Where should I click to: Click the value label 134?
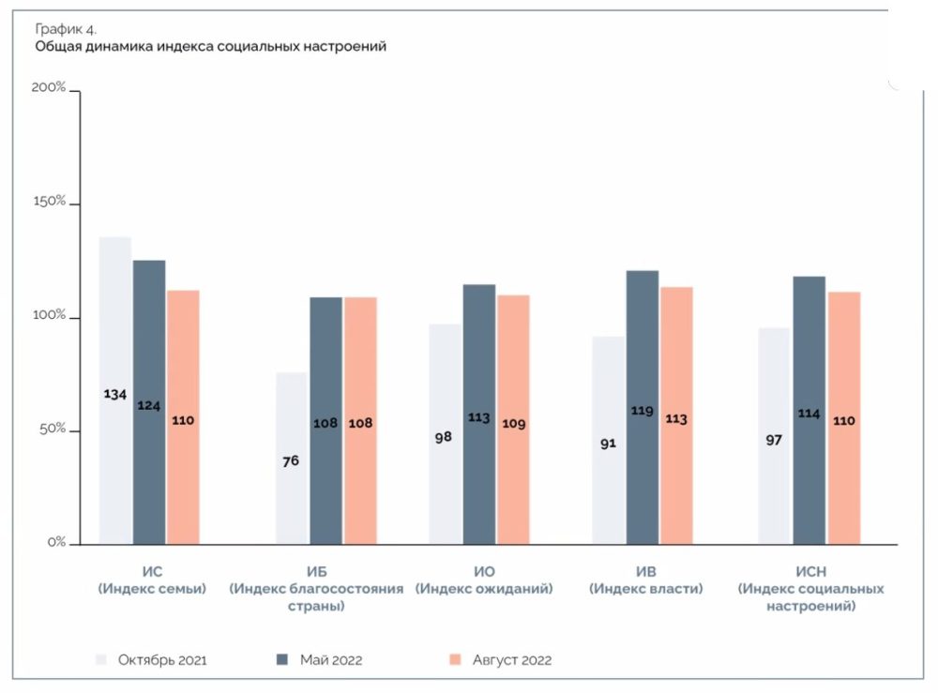(115, 394)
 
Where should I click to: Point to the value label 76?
(290, 459)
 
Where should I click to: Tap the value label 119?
(643, 410)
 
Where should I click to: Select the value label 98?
(444, 438)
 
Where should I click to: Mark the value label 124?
(149, 405)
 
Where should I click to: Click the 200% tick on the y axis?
(49, 87)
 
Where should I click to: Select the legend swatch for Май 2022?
(281, 660)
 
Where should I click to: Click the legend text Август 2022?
(512, 660)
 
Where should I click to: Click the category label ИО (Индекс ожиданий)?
(484, 580)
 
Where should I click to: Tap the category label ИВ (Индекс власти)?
(645, 580)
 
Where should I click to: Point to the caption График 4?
(66, 28)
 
